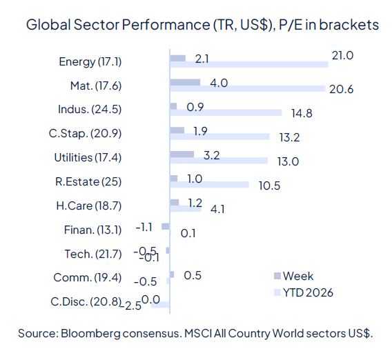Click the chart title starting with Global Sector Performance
tap(202, 25)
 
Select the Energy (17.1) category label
tap(90, 61)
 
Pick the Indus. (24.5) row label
tap(90, 109)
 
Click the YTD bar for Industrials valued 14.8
tap(226, 112)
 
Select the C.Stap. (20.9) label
tap(88, 133)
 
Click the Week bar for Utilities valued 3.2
tap(182, 154)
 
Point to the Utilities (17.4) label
tap(88, 157)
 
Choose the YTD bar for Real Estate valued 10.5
tap(209, 184)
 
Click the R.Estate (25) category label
tap(87, 181)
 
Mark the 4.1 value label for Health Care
tap(217, 210)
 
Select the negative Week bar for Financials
tap(166, 226)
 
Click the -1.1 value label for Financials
tap(144, 226)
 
